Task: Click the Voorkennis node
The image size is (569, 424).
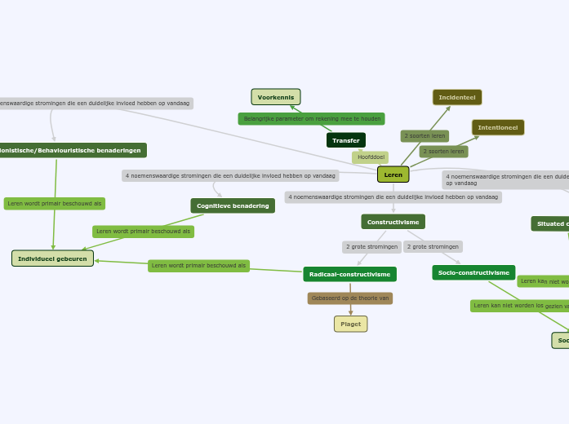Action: tap(276, 97)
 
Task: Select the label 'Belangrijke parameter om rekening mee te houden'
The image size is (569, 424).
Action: tap(311, 119)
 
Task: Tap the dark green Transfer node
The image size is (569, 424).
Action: tap(346, 140)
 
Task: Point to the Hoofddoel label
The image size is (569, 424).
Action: tap(371, 157)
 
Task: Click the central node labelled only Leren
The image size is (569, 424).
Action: tap(393, 174)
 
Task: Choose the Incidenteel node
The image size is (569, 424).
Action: tap(457, 97)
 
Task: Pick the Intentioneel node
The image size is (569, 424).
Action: tap(498, 127)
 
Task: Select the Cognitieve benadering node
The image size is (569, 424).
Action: tap(233, 205)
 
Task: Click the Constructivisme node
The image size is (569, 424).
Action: tap(393, 222)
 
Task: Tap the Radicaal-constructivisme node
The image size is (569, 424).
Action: tap(349, 274)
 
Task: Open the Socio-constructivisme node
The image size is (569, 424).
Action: tap(473, 272)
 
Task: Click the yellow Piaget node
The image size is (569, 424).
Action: tap(350, 324)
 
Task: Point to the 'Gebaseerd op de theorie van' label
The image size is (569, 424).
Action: tap(350, 298)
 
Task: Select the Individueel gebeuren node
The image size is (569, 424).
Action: tap(52, 258)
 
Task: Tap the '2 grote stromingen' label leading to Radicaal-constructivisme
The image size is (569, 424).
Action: tap(371, 246)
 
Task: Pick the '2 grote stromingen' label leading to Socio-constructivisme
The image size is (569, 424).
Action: tap(433, 246)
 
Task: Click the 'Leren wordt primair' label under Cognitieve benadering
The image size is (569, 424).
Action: tap(143, 232)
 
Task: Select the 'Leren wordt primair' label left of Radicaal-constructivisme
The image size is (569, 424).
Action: tap(198, 265)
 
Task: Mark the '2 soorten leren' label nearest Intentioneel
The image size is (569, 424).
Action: tap(443, 151)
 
